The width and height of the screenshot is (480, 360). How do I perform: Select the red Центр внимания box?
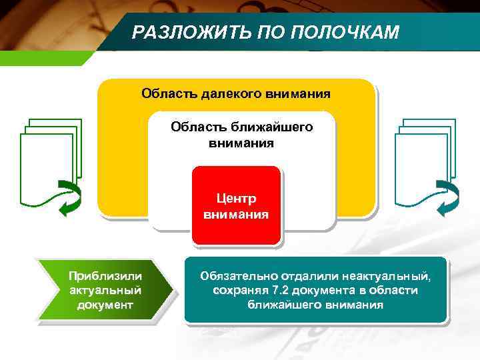point(236,205)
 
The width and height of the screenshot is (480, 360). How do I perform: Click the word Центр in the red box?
point(236,199)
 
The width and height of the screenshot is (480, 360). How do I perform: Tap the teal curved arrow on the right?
point(447,199)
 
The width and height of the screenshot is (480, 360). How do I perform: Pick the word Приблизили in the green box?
point(105,276)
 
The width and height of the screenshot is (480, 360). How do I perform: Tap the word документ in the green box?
point(105,305)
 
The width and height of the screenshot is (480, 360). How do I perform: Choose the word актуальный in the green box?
point(105,291)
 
